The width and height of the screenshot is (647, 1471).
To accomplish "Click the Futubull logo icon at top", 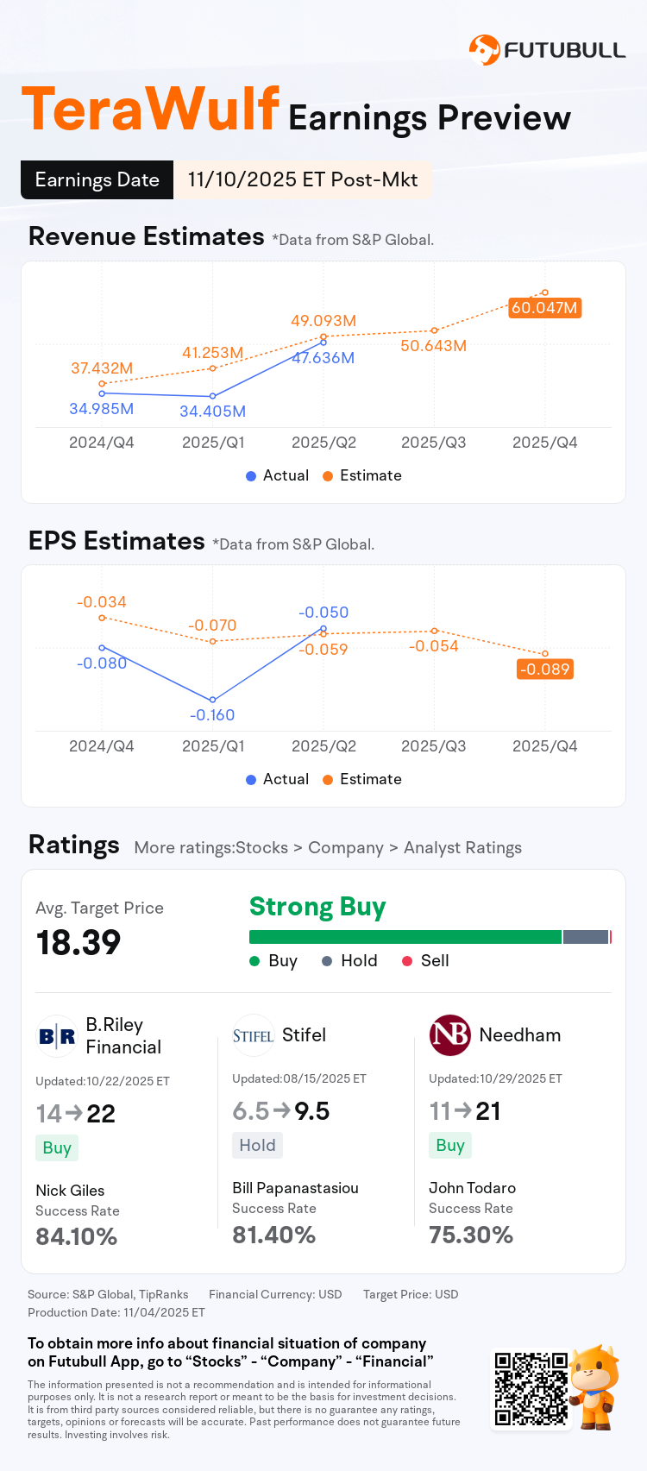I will tap(484, 50).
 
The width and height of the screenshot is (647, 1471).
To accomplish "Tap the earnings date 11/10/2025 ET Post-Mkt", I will tap(302, 179).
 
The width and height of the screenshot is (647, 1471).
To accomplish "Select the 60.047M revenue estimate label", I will tap(544, 308).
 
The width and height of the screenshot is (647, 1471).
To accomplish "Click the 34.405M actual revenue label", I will tap(212, 412).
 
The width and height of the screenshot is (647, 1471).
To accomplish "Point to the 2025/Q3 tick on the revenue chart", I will tap(433, 443).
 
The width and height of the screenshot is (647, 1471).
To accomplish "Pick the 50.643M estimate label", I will tap(433, 346).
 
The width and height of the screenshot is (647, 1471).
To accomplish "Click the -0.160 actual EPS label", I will tap(212, 715).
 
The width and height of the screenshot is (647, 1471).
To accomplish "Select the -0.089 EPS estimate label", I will tap(544, 669).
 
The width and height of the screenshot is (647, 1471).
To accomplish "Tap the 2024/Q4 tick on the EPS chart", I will tap(102, 746).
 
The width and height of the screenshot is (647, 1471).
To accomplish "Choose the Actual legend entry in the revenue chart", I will tap(277, 475).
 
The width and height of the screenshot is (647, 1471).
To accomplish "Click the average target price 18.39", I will tap(79, 942).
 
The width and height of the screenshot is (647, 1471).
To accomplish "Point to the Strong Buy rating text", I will tap(317, 907).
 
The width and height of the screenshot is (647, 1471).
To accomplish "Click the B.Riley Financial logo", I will tap(57, 1036).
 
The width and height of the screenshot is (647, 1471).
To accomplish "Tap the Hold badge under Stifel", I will tap(257, 1145).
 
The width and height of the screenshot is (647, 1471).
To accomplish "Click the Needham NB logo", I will tap(449, 1035).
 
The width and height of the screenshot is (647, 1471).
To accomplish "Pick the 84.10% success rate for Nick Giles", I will tap(76, 1236).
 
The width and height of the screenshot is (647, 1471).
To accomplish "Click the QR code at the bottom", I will tap(530, 1389).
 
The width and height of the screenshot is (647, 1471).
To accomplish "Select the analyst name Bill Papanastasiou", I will tap(295, 1188).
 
